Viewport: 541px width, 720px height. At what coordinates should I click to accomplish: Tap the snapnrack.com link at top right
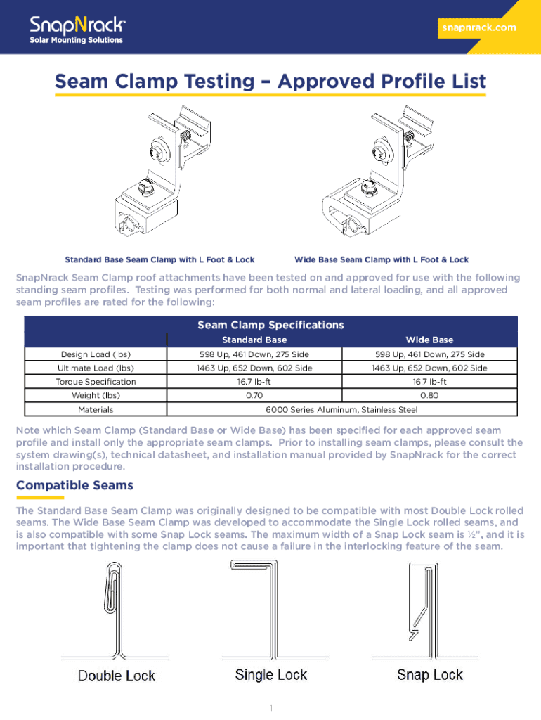(478, 28)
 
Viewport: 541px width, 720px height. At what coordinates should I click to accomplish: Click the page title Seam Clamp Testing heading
(270, 82)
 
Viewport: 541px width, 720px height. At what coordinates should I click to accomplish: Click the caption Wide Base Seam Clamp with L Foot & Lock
(382, 260)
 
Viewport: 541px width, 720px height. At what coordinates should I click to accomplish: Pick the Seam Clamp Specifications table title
(270, 325)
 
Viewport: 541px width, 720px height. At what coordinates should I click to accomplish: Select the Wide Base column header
(429, 340)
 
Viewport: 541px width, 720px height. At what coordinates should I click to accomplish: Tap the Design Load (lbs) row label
(96, 354)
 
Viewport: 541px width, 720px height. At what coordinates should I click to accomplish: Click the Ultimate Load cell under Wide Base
(429, 368)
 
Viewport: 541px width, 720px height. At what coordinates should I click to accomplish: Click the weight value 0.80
(429, 395)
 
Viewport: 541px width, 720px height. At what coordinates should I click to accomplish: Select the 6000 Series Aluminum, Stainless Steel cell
(341, 409)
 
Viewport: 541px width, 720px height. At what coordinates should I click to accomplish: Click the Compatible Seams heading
(74, 486)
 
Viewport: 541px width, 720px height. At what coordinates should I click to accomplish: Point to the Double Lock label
(117, 676)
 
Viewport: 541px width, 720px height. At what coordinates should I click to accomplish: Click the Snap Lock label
(430, 675)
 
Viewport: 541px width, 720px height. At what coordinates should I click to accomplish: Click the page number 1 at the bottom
(270, 707)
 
